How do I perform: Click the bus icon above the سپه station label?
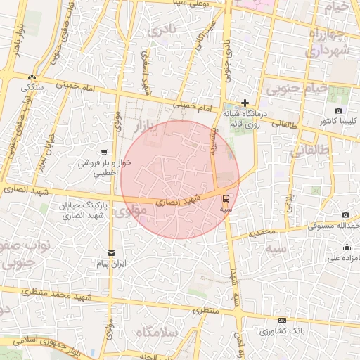coord(226,198)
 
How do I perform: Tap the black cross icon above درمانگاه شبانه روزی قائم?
coord(245,103)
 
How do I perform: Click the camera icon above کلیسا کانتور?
coord(339,111)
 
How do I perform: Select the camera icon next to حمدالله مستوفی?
coord(345,215)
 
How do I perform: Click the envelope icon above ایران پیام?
coord(110,253)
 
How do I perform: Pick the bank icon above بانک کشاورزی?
coord(282,321)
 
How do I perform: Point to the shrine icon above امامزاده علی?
coord(347,247)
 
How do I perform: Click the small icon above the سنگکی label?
coord(32,77)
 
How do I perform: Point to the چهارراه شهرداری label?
coord(327,42)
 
